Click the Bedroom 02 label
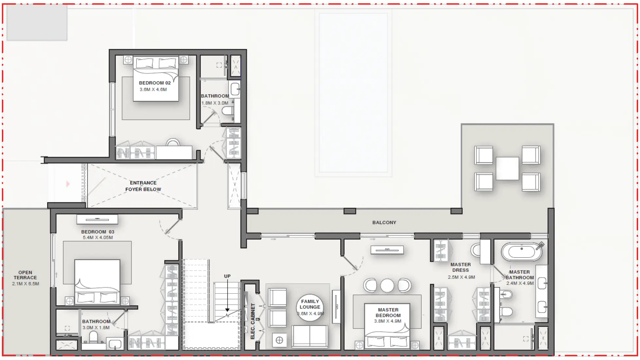[x=155, y=83]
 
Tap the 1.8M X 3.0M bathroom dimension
[x=215, y=103]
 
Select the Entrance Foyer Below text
[x=143, y=186]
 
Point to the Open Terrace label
[x=25, y=275]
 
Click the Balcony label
[x=384, y=223]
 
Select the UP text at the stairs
[x=227, y=276]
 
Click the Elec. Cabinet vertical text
[x=253, y=321]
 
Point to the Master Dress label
[x=460, y=267]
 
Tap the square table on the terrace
[x=507, y=168]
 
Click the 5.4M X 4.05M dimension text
[x=98, y=238]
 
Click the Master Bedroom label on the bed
[x=388, y=313]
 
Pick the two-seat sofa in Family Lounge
[x=310, y=336]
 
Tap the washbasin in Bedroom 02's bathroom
[x=235, y=89]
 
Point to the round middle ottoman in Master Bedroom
[x=387, y=285]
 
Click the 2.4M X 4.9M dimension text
[x=520, y=283]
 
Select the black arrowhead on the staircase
[x=227, y=310]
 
